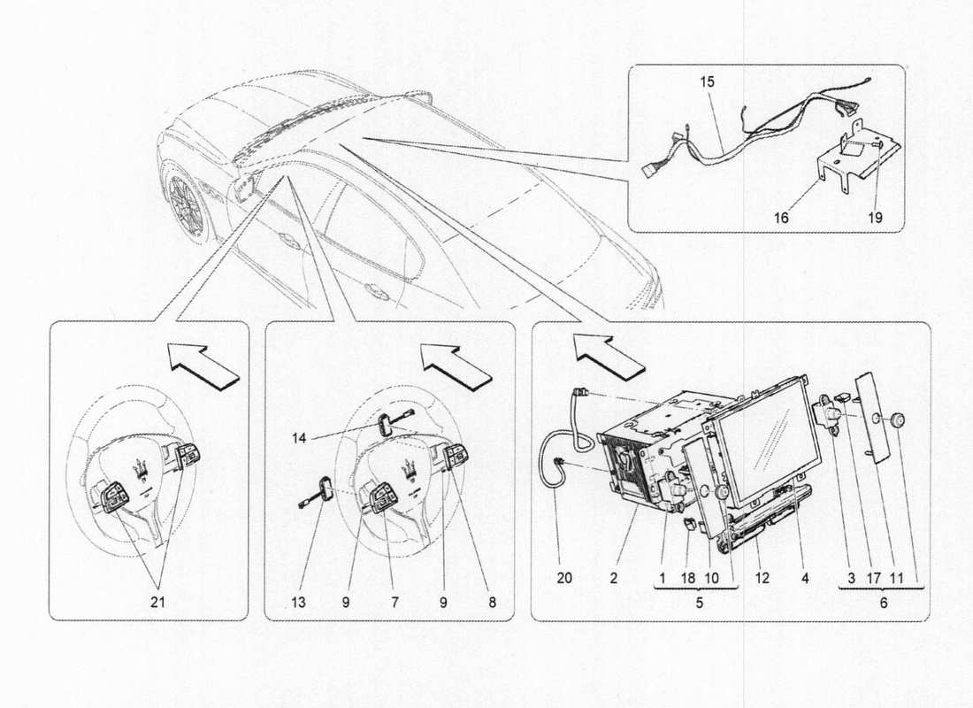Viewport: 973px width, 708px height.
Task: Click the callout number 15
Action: (x=708, y=81)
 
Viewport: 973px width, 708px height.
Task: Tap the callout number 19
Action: (x=874, y=215)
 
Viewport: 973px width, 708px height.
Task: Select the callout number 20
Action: (x=564, y=579)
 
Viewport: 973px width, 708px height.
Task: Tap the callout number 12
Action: (x=762, y=579)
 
